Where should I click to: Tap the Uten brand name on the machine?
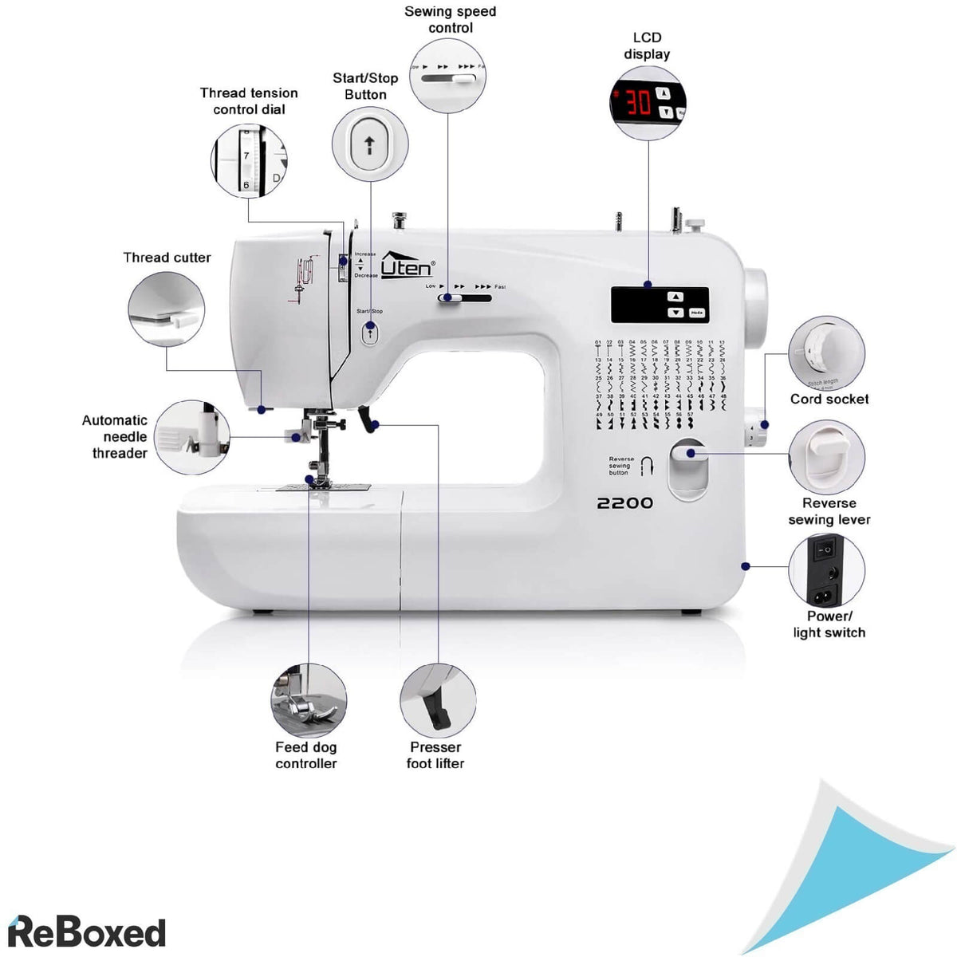point(408,266)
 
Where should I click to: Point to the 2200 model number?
point(625,503)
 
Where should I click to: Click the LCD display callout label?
point(647,45)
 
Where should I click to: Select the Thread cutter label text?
point(167,258)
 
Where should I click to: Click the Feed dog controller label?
point(306,755)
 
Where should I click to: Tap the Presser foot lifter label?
point(435,755)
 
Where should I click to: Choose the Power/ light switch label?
point(829,624)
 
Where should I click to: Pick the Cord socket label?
point(829,400)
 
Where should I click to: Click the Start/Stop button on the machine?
point(369,333)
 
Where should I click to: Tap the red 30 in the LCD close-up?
point(638,102)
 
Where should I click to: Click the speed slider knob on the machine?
point(447,298)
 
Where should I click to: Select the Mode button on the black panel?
point(697,313)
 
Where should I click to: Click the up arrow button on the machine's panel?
point(675,297)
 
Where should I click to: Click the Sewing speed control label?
point(451,20)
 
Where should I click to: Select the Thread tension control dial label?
point(249,101)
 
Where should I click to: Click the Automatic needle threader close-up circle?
point(192,438)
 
